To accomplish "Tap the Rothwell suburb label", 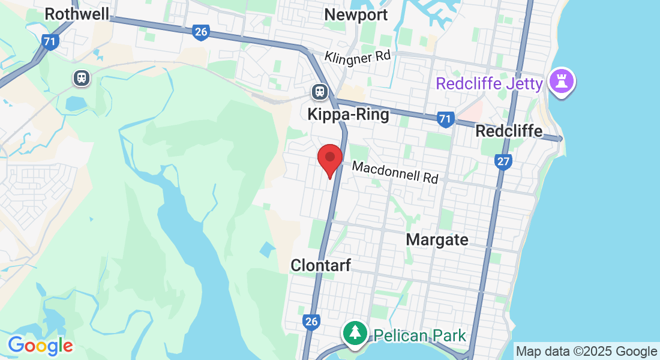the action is coord(77,14).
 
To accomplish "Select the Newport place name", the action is coord(356,14).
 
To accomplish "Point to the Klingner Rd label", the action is coord(358,57).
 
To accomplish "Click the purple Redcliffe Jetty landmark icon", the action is coord(562,82).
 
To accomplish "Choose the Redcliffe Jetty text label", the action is coord(489,83).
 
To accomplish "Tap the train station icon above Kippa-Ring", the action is coord(320,92).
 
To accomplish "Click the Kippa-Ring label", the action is coord(348,114).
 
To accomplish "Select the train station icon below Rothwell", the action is coord(81,77).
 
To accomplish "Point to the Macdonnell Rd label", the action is coord(395,172).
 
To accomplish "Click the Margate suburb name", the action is coord(437,239).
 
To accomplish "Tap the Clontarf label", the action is coord(320,265).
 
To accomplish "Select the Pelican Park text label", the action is coord(420,335).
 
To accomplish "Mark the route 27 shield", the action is coord(503,161).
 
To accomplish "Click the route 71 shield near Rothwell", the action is coord(50,41).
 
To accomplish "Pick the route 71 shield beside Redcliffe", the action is coord(445,119).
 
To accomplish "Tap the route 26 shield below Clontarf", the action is coord(311,322).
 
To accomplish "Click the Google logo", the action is coord(40,346).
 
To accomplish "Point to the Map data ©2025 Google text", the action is coord(587,351).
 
